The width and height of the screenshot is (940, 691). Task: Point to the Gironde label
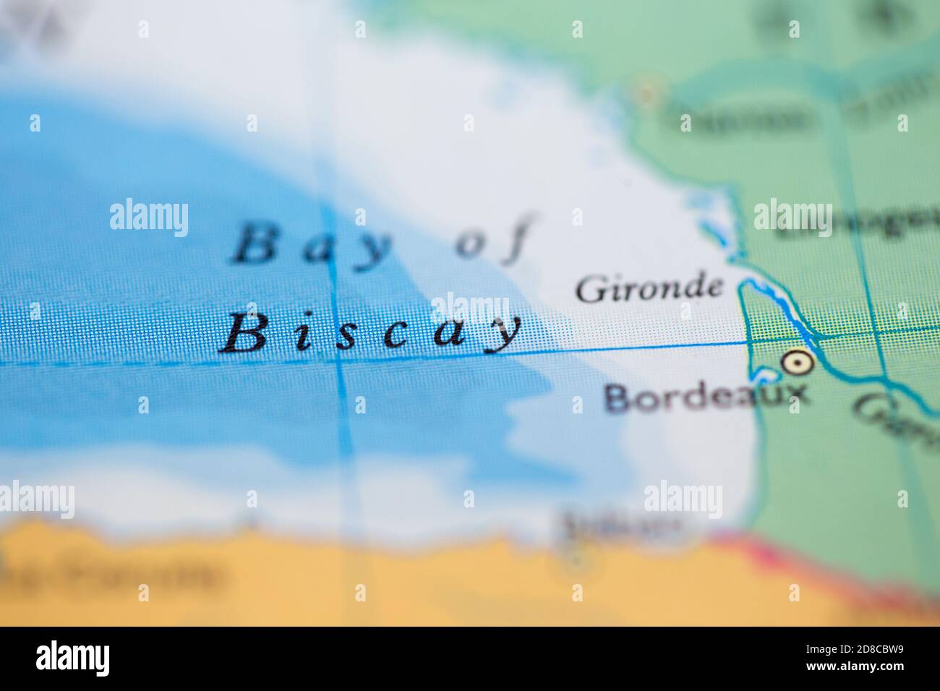click(649, 288)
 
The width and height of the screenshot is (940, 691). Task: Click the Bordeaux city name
click(705, 397)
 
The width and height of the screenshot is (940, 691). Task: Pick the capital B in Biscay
click(244, 333)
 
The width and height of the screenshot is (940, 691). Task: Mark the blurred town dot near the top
click(646, 93)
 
